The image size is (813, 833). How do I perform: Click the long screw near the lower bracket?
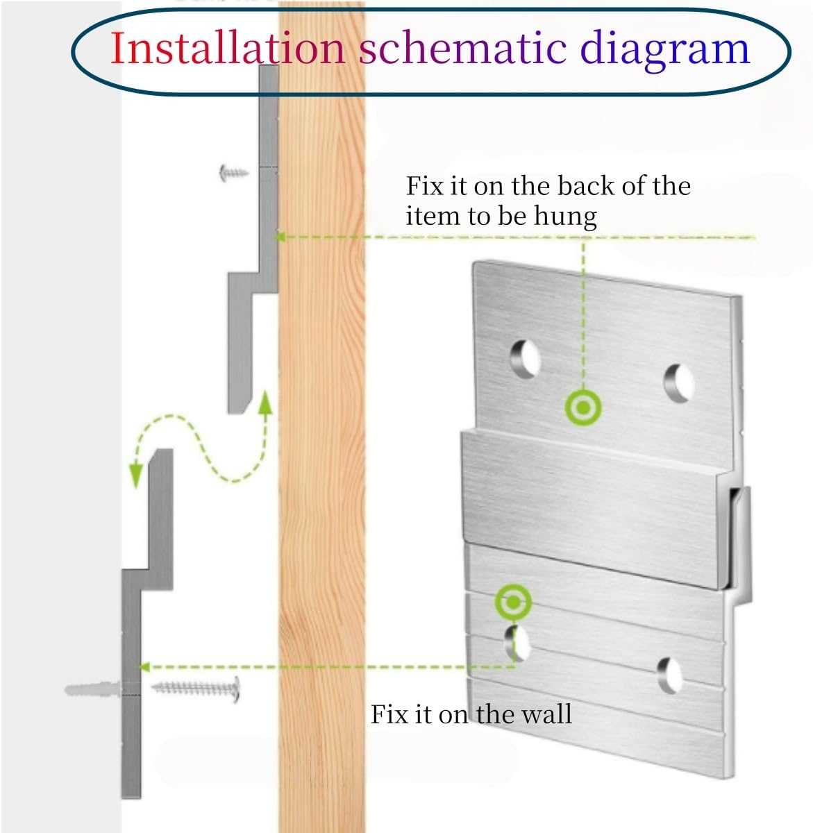click(196, 689)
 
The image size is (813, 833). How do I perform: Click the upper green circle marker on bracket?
click(582, 408)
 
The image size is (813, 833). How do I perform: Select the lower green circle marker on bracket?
click(513, 602)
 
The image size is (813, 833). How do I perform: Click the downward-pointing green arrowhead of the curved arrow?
click(137, 475)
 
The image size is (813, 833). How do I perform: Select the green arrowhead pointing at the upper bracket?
click(281, 237)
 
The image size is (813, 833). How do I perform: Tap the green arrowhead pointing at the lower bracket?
click(144, 667)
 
